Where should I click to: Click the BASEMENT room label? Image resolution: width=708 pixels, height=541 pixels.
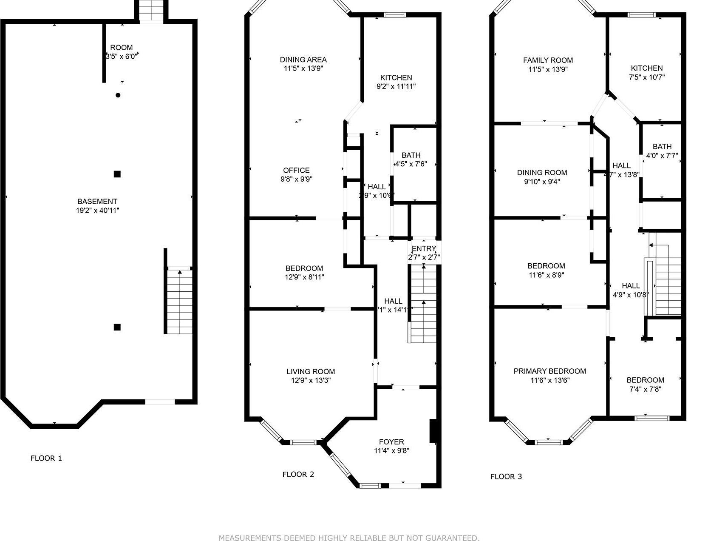click(97, 201)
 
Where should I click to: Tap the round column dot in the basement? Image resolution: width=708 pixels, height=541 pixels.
click(118, 95)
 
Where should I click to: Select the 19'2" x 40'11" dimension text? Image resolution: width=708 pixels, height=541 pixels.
click(97, 210)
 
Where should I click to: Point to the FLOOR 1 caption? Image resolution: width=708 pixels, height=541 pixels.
click(46, 458)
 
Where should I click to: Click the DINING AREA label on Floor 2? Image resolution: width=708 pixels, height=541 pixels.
click(303, 60)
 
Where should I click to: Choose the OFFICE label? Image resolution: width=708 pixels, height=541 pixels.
click(296, 170)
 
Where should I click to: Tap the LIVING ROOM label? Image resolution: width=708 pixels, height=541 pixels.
click(310, 371)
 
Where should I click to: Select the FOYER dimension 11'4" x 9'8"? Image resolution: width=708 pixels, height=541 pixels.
click(391, 451)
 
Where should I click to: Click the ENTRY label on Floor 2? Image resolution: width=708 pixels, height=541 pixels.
click(424, 249)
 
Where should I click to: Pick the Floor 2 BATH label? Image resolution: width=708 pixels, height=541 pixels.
click(411, 155)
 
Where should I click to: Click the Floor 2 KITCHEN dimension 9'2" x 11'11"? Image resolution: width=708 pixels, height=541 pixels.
click(396, 86)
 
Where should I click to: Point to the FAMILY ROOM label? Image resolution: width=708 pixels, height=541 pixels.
click(548, 60)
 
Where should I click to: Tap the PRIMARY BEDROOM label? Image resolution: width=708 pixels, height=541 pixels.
click(549, 371)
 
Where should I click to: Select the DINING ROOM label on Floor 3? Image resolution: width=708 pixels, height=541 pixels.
click(542, 172)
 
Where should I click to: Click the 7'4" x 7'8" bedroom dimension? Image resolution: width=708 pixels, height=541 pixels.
click(645, 389)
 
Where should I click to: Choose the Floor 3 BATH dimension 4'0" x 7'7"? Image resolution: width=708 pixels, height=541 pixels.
click(662, 156)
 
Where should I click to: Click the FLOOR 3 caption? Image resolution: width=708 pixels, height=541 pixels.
click(506, 476)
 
